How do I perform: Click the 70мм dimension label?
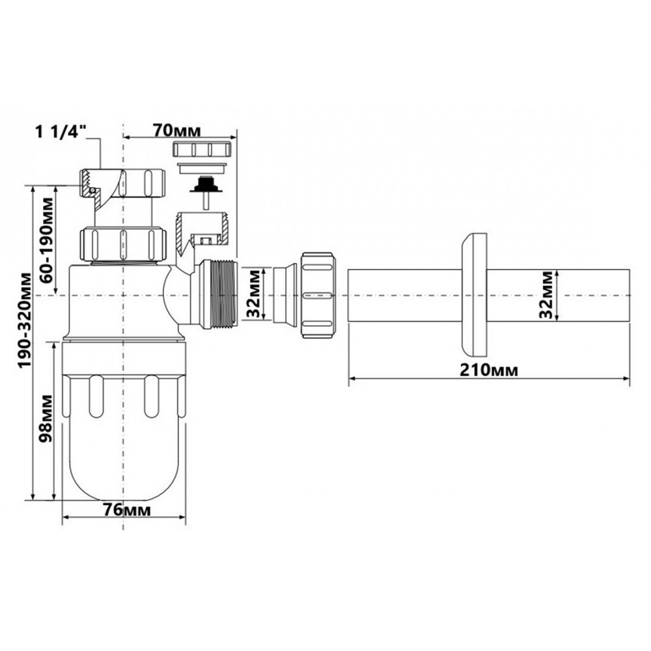(x=177, y=130)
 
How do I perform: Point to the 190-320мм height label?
(x=25, y=320)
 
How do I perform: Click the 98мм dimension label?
(x=46, y=419)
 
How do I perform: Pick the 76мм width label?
(x=127, y=510)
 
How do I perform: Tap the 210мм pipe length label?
(x=489, y=370)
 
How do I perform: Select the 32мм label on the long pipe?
(x=546, y=295)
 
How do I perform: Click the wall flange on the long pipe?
(x=474, y=295)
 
